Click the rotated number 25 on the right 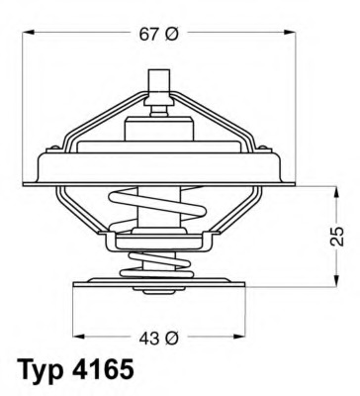[337, 236]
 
